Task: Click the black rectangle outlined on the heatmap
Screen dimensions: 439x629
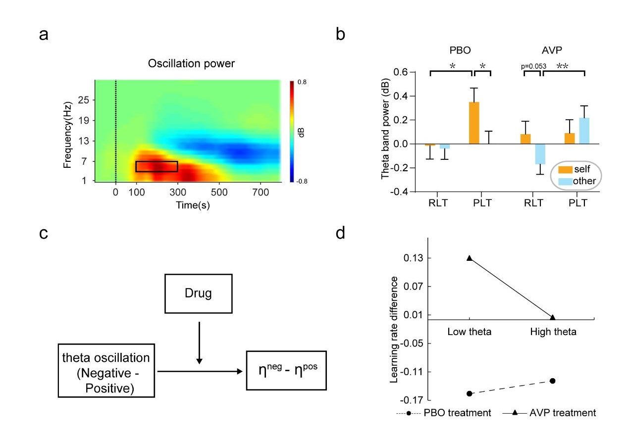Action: coord(157,166)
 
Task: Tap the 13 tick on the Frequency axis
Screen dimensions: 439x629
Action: coord(83,141)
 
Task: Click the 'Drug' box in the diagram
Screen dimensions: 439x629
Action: coord(199,293)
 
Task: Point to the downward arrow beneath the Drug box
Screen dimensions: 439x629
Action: coord(199,341)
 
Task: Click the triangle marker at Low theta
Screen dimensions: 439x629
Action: coord(469,258)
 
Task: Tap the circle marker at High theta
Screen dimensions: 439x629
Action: coord(552,381)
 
